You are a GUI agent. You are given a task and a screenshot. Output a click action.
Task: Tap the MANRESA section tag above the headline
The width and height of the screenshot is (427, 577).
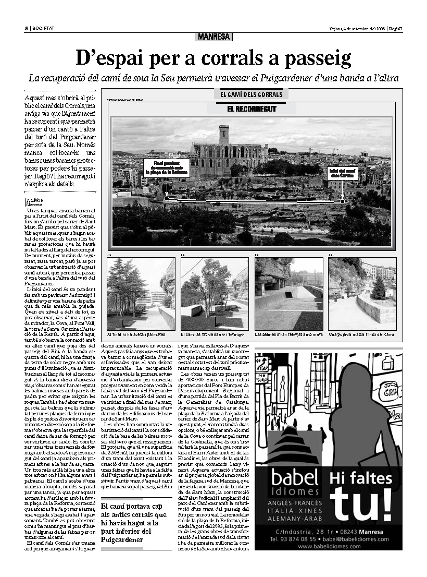click(x=214, y=37)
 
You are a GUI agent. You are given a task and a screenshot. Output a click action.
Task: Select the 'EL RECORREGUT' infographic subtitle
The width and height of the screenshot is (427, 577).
click(x=252, y=109)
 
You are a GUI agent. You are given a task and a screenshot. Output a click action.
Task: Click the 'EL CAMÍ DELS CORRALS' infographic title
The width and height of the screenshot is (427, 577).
click(x=251, y=94)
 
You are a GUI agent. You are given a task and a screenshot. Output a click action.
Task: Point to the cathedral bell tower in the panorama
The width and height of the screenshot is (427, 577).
click(x=224, y=135)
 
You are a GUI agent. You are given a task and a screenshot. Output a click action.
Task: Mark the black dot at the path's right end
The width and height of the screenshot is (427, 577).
click(x=342, y=201)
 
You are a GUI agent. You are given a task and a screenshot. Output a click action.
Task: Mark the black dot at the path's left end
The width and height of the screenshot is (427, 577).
click(x=167, y=198)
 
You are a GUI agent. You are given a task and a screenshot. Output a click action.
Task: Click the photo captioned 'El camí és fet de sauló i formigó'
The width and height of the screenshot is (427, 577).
click(x=215, y=294)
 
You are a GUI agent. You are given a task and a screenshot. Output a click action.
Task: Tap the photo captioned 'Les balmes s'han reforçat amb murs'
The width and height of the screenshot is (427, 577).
click(x=288, y=294)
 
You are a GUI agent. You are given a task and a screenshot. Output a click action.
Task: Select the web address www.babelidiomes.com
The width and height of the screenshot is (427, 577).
click(x=329, y=546)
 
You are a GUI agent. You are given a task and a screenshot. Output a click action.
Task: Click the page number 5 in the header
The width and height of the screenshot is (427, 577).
click(x=26, y=28)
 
